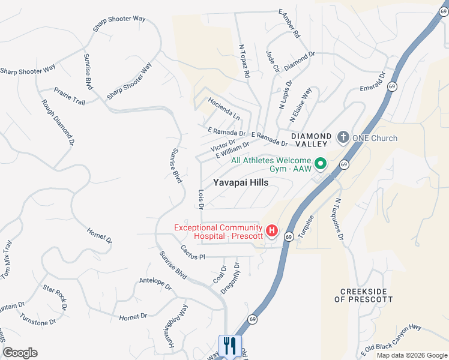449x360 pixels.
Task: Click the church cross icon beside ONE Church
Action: click(343, 138)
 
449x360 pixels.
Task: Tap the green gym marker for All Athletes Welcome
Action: click(320, 163)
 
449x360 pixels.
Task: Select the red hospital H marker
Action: click(272, 230)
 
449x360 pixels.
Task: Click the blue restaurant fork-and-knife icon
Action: click(230, 346)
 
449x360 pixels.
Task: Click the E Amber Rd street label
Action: click(289, 24)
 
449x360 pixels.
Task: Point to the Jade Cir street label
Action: click(273, 61)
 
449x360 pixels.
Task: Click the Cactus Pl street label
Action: click(193, 252)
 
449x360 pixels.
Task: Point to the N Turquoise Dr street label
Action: click(340, 220)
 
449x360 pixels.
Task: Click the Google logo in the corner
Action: click(20, 353)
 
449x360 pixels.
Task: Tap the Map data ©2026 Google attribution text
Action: click(411, 355)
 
